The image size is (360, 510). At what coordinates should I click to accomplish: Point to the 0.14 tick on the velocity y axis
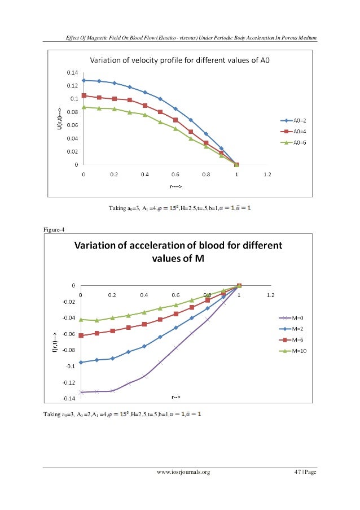pos(73,73)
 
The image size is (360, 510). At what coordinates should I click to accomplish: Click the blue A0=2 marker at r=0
pos(84,80)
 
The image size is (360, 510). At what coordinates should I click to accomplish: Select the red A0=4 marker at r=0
pos(84,95)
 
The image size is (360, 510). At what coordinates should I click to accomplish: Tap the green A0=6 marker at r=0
pos(84,107)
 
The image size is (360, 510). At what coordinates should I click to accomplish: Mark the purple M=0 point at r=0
pos(81,392)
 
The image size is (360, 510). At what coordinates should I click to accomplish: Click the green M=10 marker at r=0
pos(81,320)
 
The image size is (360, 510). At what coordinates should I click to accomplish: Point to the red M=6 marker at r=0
pos(81,335)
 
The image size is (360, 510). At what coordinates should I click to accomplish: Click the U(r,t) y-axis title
pos(58,119)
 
